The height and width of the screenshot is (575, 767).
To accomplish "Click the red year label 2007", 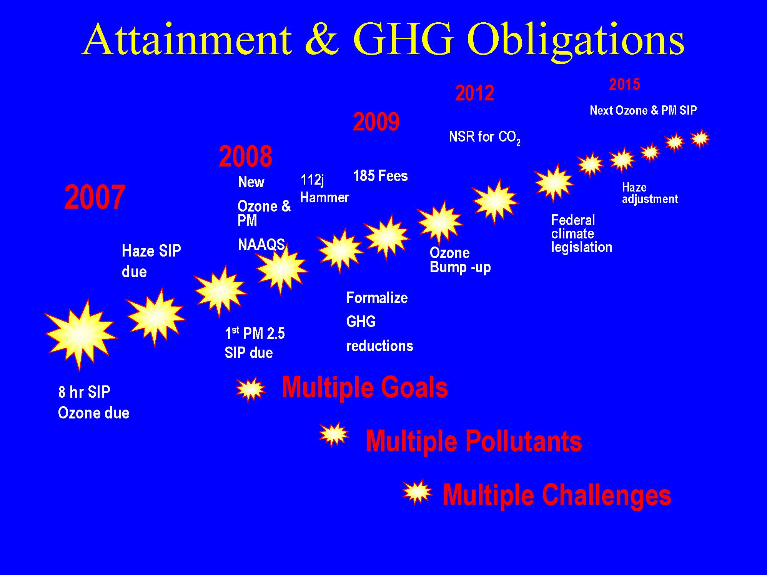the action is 95,197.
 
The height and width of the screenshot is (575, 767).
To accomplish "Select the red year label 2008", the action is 246,157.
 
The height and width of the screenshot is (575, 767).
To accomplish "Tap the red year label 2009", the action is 376,122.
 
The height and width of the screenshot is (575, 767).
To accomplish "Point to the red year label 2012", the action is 475,93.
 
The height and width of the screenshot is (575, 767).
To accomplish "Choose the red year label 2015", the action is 625,84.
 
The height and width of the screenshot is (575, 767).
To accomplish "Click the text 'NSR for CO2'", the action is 485,138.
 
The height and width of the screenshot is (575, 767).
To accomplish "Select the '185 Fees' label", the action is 381,176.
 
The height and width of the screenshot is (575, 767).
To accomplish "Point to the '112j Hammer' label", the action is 324,188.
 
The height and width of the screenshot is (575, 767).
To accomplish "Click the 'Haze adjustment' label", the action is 650,193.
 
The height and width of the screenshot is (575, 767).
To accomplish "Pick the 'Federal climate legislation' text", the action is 582,233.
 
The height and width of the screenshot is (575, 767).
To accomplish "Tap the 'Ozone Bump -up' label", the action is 460,260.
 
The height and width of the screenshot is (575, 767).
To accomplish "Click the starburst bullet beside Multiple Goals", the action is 251,389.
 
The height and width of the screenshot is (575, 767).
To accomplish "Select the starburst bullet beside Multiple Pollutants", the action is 334,435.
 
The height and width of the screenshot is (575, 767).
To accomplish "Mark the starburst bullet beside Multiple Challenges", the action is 417,492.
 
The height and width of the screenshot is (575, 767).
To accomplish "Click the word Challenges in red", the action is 607,495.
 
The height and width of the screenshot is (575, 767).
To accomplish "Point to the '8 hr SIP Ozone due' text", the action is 94,402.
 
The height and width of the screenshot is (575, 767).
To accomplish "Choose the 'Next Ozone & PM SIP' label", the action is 643,110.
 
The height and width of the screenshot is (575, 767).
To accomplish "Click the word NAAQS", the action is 261,245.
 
